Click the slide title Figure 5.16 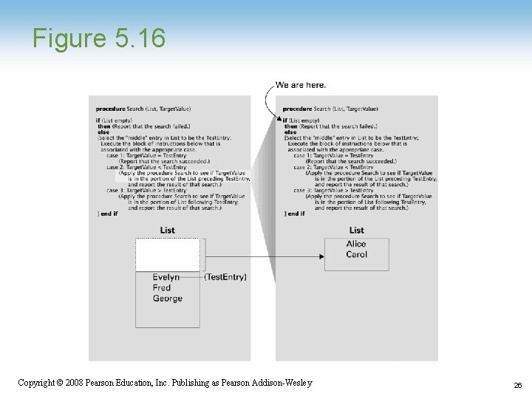point(99,38)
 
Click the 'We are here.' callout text point(301,85)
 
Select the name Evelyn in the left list point(166,278)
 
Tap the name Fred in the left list point(162,288)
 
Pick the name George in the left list point(168,299)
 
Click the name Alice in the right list point(356,245)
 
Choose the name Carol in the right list point(356,255)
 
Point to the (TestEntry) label point(225,278)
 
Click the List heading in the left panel point(168,231)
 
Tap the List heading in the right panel point(357,231)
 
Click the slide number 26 point(517,385)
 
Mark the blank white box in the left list point(168,255)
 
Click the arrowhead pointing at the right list point(321,256)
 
